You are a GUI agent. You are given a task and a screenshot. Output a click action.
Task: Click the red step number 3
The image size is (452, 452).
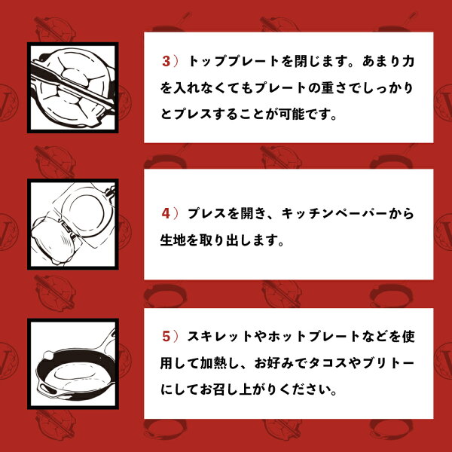[x=166, y=62]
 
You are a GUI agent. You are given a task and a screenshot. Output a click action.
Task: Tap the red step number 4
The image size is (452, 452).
[x=166, y=214]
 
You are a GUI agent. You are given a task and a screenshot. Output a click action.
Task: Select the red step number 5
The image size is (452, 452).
[x=166, y=337]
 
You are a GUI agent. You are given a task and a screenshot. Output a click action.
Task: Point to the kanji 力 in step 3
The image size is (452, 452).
[x=408, y=61]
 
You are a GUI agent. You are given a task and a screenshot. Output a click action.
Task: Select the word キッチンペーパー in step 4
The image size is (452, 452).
[x=334, y=214]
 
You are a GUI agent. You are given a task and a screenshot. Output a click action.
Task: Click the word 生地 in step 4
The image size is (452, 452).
[x=173, y=240]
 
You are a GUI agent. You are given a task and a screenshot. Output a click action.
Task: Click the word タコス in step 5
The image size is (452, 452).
[x=328, y=363]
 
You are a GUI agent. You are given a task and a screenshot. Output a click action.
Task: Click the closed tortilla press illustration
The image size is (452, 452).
[x=73, y=87]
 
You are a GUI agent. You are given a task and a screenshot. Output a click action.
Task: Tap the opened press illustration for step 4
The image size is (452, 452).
[x=73, y=224]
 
